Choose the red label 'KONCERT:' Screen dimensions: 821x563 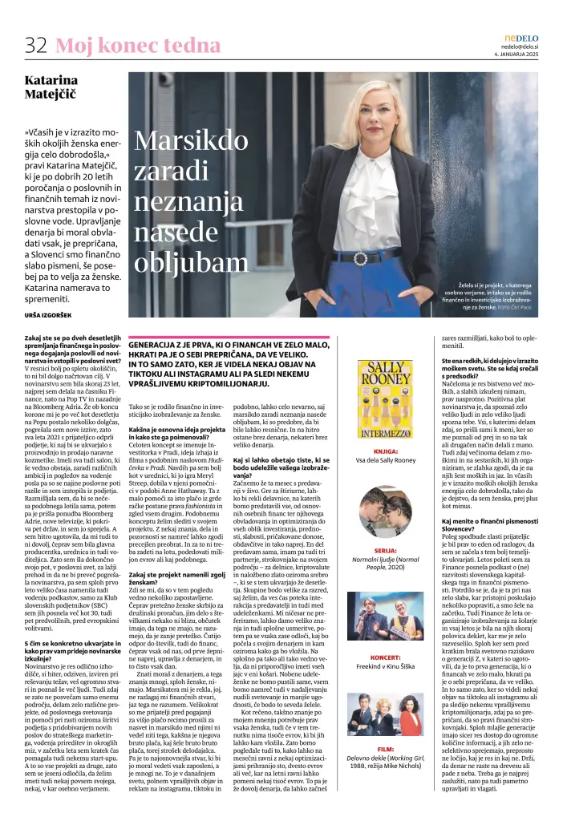(386, 657)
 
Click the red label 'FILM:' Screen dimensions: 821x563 (386, 749)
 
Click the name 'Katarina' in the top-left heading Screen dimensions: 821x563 (51, 80)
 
